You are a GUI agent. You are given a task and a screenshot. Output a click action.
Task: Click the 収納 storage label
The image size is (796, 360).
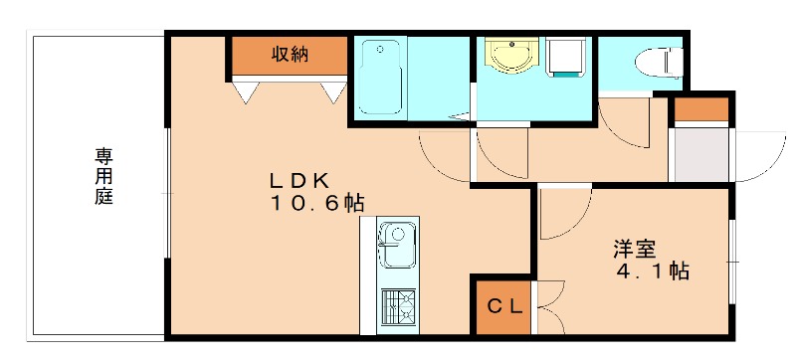pos(290,56)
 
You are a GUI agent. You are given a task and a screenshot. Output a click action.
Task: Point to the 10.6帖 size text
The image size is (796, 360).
pos(315,204)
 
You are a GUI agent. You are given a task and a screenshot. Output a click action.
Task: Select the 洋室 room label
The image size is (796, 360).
pos(634,247)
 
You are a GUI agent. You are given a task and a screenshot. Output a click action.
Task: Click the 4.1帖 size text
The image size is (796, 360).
pos(652,270)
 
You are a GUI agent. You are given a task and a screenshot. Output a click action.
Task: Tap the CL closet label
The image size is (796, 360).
pos(503,306)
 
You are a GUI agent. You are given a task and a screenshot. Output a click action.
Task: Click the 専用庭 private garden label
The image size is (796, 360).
pos(103,176)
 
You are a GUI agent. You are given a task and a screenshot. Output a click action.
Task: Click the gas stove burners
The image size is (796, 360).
pos(398,302)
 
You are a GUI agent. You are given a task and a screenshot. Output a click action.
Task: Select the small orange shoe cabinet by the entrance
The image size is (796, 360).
pos(702,109)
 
